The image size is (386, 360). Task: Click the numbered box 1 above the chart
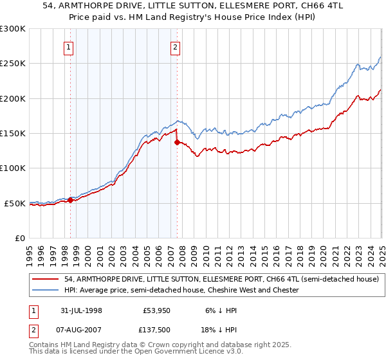click(x=69, y=46)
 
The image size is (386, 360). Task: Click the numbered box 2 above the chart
click(x=175, y=46)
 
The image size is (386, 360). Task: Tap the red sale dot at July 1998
click(x=71, y=200)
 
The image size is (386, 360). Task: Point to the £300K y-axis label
click(x=12, y=29)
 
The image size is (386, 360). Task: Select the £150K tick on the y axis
click(x=12, y=133)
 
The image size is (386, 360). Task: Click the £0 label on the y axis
click(x=19, y=238)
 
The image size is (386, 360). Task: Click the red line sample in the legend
click(x=47, y=280)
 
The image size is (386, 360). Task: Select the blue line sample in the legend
click(x=47, y=291)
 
